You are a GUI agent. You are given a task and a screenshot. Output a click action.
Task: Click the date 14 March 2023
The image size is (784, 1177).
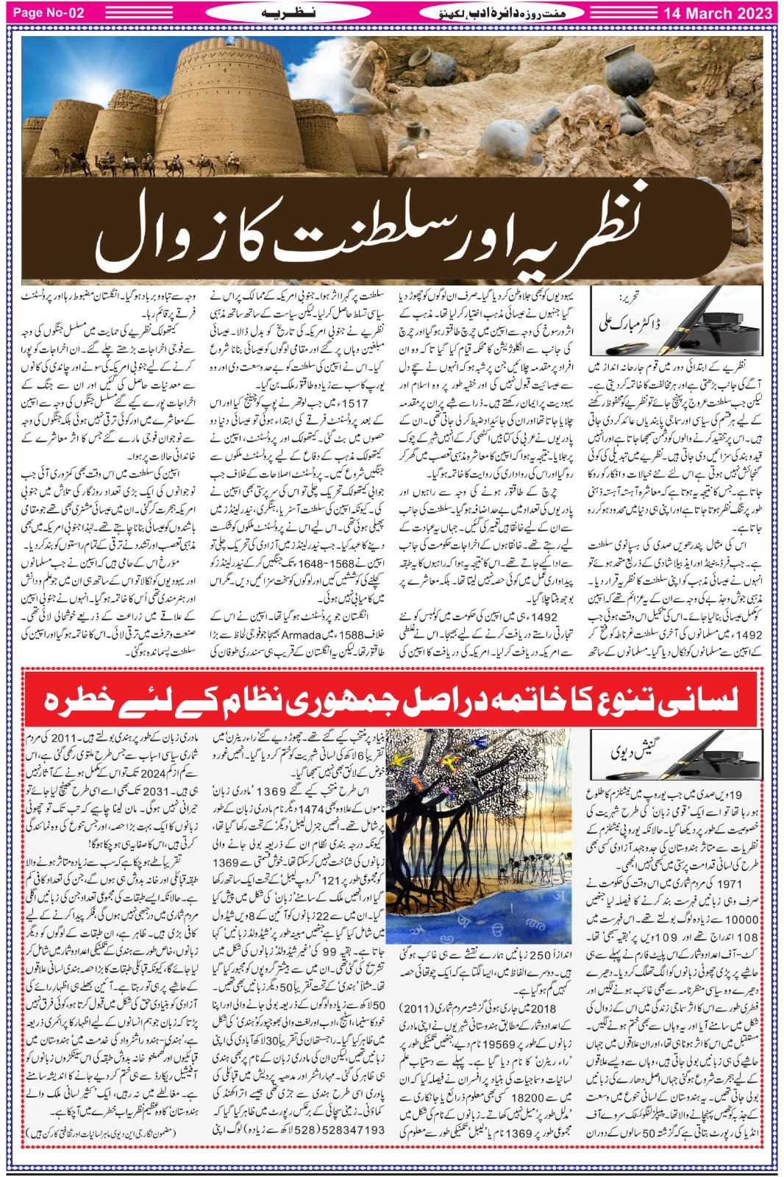point(717,13)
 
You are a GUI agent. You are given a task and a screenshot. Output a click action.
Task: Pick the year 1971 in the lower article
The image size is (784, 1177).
point(729,883)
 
